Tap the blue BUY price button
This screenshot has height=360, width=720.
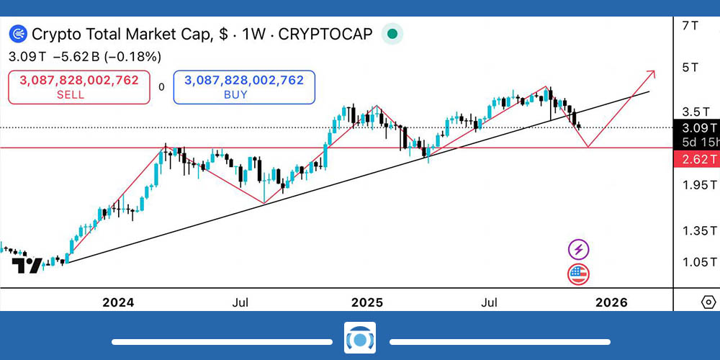pos(244,87)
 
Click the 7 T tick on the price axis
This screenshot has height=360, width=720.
pos(690,25)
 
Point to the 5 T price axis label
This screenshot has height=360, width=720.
pos(690,68)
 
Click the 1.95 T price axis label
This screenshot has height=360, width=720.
pos(699,185)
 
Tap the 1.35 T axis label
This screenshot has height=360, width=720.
pos(699,230)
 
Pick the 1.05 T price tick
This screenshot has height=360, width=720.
pos(699,261)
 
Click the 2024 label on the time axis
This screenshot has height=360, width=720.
pos(118,302)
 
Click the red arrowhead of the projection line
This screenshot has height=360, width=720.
pos(651,73)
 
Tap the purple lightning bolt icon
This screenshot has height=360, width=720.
pos(579,250)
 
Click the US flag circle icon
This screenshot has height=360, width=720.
pos(579,274)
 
